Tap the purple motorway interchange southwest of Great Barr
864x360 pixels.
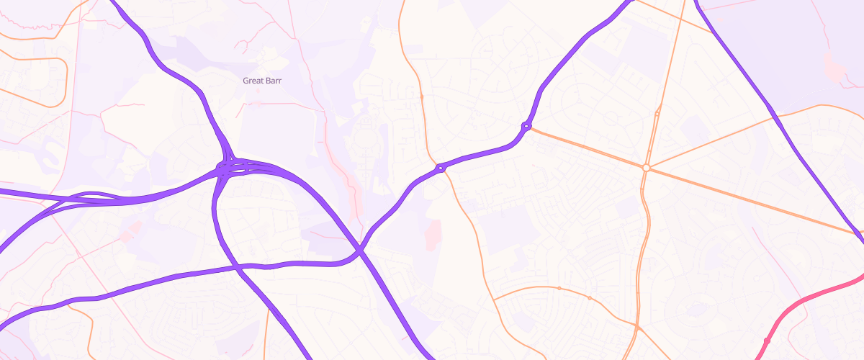[229, 168]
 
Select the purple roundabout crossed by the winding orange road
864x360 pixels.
[440, 168]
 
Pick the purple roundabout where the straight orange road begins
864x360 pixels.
[526, 127]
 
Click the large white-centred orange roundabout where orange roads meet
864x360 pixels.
[647, 168]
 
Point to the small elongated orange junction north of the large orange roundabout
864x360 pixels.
[657, 114]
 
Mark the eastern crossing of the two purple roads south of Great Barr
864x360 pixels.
[359, 251]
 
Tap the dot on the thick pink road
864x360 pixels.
[766, 340]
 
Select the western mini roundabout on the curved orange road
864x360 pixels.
[559, 288]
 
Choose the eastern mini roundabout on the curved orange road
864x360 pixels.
[590, 297]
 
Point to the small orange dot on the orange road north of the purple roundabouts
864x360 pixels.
[421, 96]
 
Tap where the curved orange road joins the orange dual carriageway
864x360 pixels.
[638, 328]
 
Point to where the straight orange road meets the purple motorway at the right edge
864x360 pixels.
[858, 234]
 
